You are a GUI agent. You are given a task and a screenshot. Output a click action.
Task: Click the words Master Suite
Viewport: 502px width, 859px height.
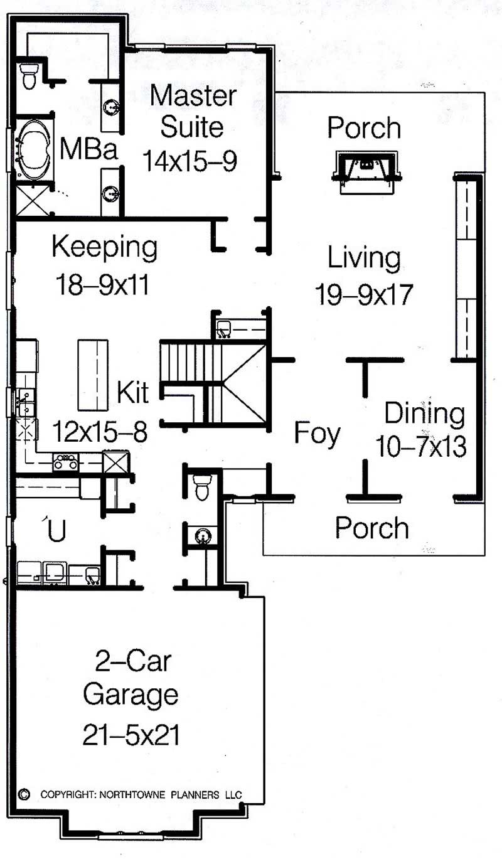tap(193, 111)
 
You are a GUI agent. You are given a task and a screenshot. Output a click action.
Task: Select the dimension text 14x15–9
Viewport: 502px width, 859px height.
tap(190, 161)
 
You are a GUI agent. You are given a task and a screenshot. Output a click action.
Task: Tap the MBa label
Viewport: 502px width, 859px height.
tap(88, 151)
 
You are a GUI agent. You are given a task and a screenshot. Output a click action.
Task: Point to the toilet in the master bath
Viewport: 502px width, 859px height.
tap(29, 75)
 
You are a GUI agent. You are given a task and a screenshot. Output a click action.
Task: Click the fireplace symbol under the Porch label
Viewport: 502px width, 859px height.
tap(368, 171)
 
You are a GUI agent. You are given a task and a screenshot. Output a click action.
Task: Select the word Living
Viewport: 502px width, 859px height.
tap(363, 258)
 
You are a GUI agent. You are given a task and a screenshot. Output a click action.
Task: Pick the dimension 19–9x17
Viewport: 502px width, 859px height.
tap(363, 294)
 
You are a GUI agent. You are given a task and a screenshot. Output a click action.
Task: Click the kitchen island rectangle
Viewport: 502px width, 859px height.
tap(93, 374)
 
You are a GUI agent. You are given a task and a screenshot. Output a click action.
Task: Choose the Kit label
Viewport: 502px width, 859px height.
tap(133, 393)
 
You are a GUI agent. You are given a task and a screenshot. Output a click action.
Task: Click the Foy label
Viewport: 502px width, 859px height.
tap(318, 434)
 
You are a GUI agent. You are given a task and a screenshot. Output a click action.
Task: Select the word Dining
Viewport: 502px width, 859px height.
tap(425, 414)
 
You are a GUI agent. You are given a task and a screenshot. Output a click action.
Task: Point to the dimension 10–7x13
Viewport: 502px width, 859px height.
tap(421, 447)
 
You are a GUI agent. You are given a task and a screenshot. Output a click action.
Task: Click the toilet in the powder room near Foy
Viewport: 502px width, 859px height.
tap(202, 488)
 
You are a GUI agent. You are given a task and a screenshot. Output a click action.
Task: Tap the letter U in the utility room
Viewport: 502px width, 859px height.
tap(56, 531)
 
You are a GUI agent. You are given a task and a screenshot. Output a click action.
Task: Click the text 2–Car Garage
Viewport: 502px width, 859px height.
tap(131, 677)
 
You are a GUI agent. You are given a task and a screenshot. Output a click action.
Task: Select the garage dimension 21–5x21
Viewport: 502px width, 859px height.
tap(131, 735)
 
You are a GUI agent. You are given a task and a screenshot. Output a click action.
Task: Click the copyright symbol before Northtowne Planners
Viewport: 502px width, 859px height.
tap(25, 794)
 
